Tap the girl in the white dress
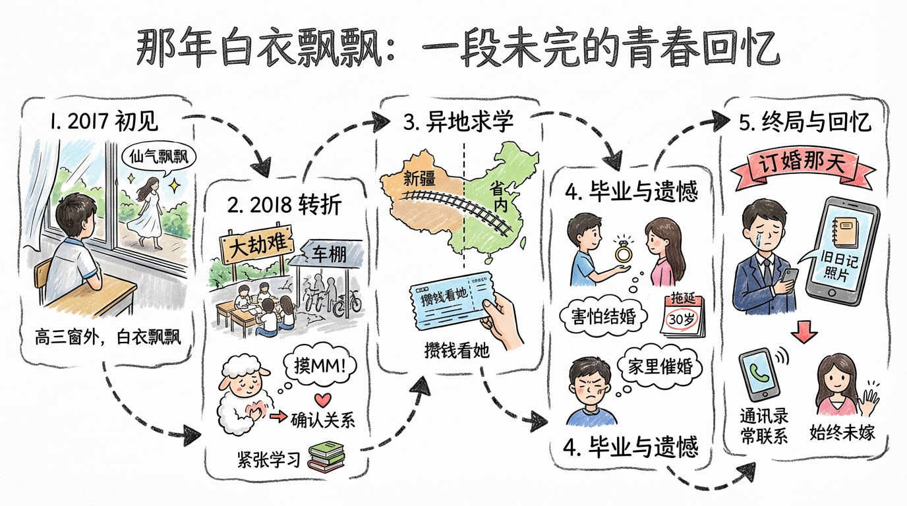click(148, 213)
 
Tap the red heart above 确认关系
click(323, 400)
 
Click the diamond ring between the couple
click(624, 252)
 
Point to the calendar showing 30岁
click(683, 314)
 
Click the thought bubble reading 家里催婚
click(660, 367)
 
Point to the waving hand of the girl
click(869, 399)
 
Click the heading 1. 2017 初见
click(103, 121)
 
